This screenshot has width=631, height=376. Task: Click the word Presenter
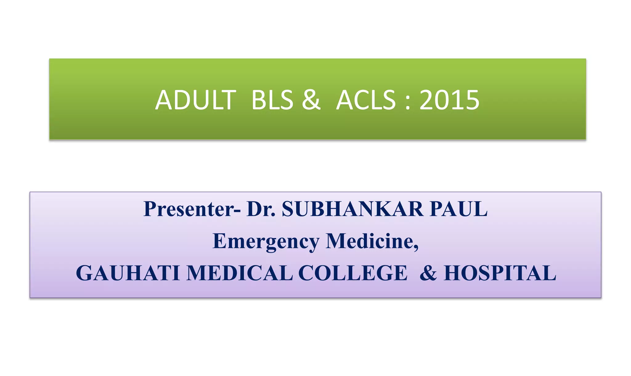pyautogui.click(x=189, y=209)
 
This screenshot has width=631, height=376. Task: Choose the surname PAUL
pyautogui.click(x=459, y=209)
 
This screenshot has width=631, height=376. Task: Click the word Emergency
pyautogui.click(x=266, y=241)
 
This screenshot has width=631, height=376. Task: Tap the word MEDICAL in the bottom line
pyautogui.click(x=240, y=273)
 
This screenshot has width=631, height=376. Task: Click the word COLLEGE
pyautogui.click(x=353, y=273)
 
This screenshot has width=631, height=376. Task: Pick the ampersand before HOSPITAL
pyautogui.click(x=428, y=273)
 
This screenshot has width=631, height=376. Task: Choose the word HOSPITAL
pyautogui.click(x=500, y=273)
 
